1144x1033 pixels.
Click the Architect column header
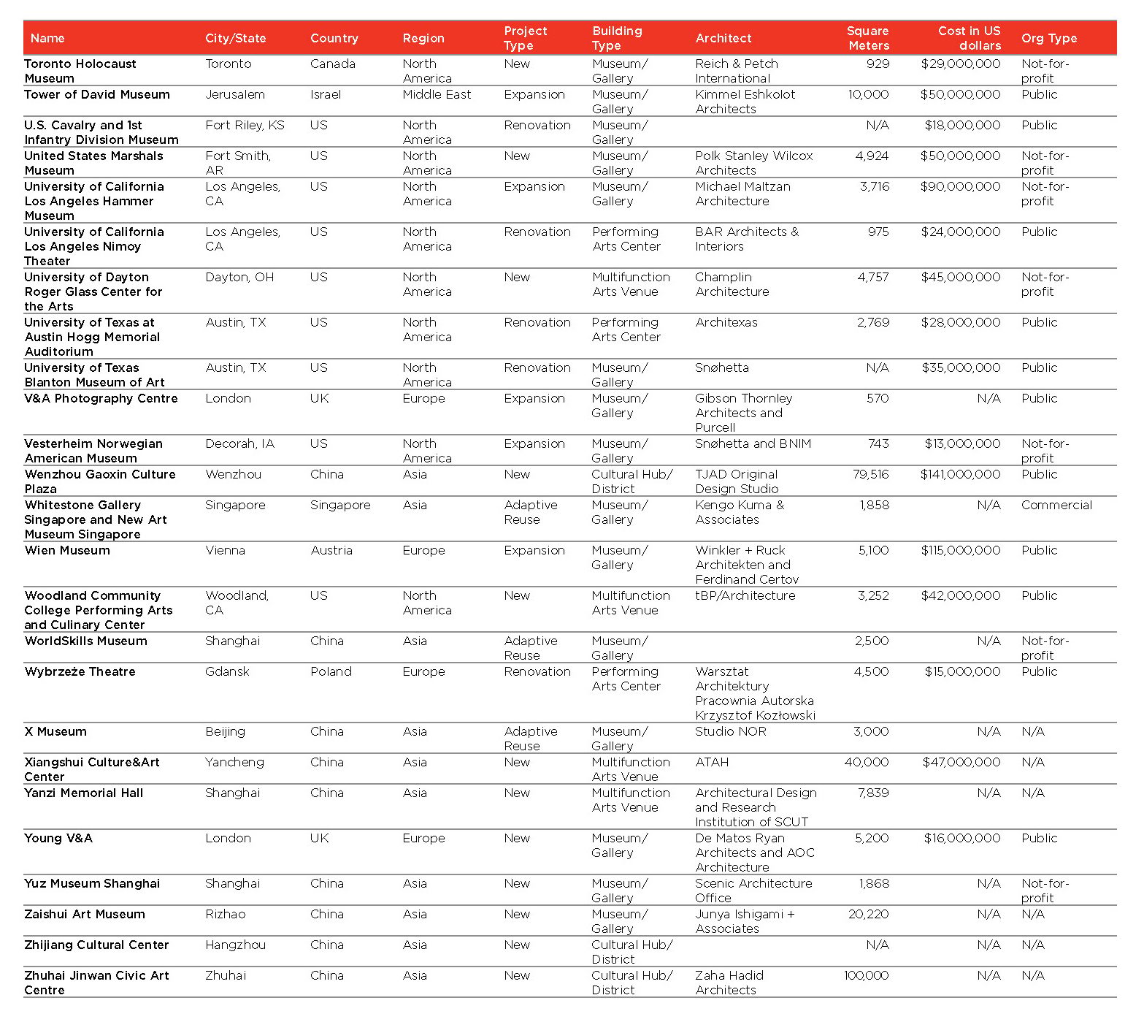click(x=723, y=38)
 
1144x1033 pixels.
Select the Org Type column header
click(x=1048, y=38)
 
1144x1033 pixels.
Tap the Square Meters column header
click(x=867, y=38)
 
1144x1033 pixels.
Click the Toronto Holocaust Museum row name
click(x=80, y=71)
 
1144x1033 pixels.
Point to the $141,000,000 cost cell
click(x=960, y=474)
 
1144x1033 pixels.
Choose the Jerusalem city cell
click(x=235, y=94)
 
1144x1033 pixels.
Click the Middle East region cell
click(x=437, y=94)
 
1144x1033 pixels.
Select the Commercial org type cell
click(x=1056, y=505)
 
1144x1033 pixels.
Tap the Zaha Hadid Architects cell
click(x=729, y=983)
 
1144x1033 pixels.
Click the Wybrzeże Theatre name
click(x=80, y=671)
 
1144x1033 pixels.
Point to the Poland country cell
click(x=331, y=671)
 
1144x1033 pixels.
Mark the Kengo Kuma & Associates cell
click(x=739, y=512)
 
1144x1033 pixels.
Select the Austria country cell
click(x=331, y=550)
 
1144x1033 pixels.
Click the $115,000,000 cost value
click(x=960, y=550)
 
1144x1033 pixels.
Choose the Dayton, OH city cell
click(x=239, y=277)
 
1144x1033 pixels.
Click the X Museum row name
click(x=55, y=731)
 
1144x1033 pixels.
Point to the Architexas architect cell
click(x=726, y=322)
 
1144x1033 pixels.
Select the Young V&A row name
click(x=58, y=838)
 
